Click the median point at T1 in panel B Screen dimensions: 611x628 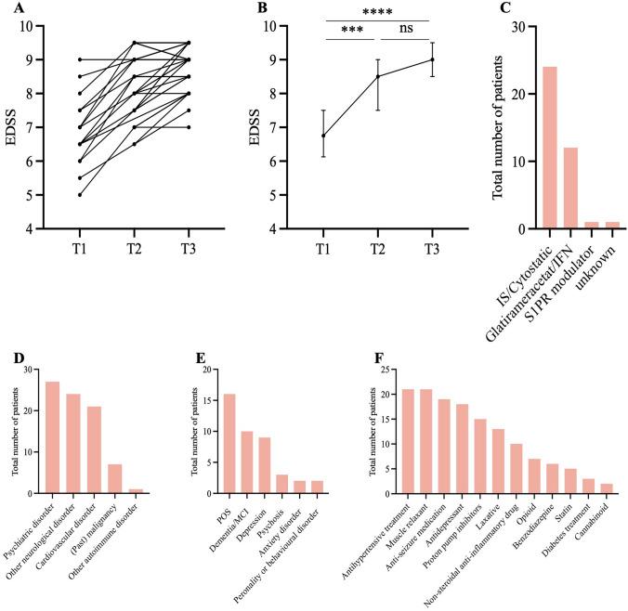click(x=323, y=136)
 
